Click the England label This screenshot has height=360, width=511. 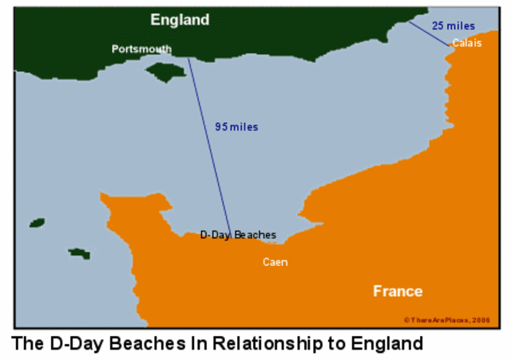coord(180,20)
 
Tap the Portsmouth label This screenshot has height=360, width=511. coord(141,49)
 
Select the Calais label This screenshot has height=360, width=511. coord(466,43)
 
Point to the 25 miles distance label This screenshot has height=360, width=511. coord(454,26)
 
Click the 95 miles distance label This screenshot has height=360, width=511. coord(236,127)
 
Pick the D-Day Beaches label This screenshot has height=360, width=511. coord(238,235)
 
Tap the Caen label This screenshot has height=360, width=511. coord(275,262)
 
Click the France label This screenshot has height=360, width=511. coord(398,291)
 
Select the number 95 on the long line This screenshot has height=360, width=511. coord(220,127)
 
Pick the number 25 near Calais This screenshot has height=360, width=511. coord(439,26)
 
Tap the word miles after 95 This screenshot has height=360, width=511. coord(244,127)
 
